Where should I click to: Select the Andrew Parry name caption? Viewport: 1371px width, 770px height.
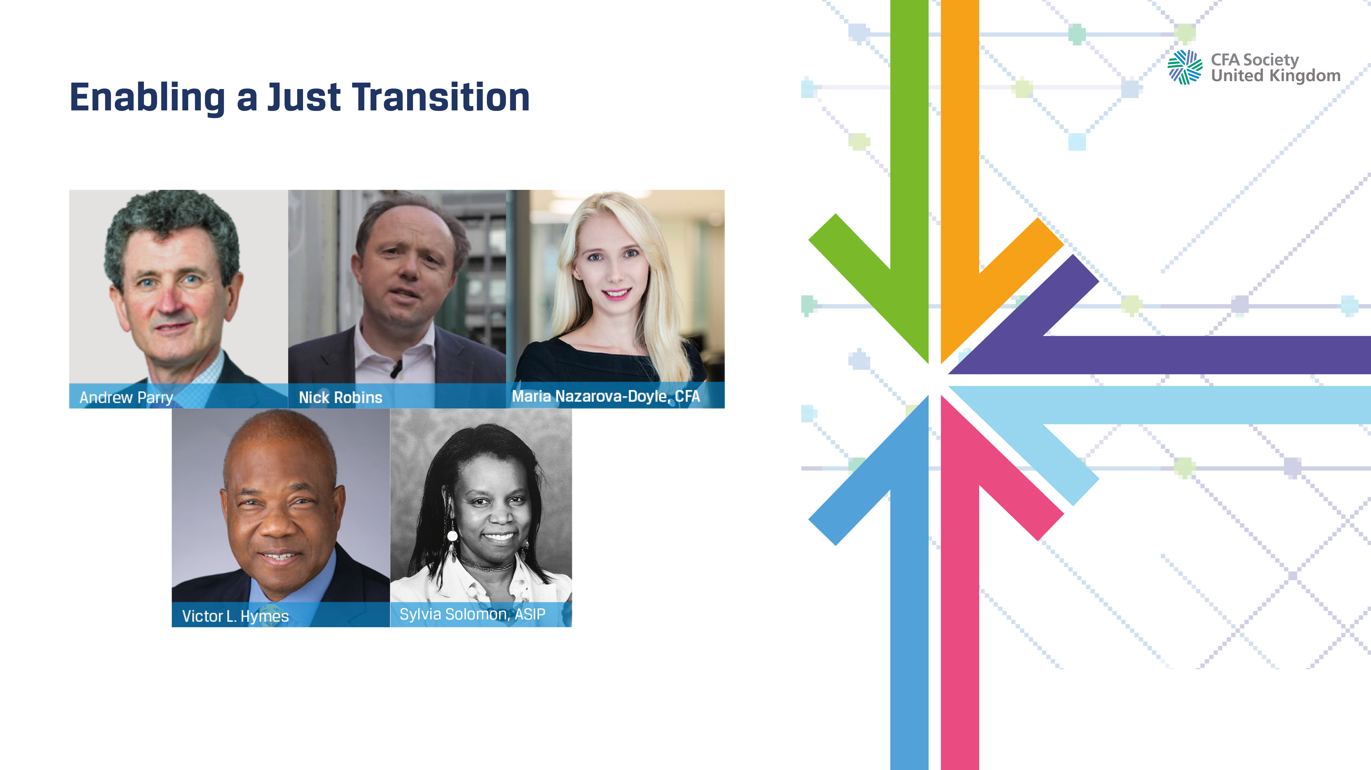[126, 398]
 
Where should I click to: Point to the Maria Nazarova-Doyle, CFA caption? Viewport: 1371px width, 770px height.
[606, 396]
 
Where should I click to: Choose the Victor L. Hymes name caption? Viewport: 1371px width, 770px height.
[235, 616]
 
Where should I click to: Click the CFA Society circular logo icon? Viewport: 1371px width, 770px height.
[1185, 68]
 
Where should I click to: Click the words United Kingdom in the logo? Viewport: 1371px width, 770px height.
[1275, 76]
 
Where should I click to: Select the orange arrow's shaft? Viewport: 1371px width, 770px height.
[960, 133]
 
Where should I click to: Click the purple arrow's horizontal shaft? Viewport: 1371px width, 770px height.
[1197, 355]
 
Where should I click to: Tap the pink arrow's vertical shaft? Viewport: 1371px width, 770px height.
[960, 638]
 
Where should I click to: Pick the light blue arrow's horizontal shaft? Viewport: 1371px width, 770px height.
[1197, 405]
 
